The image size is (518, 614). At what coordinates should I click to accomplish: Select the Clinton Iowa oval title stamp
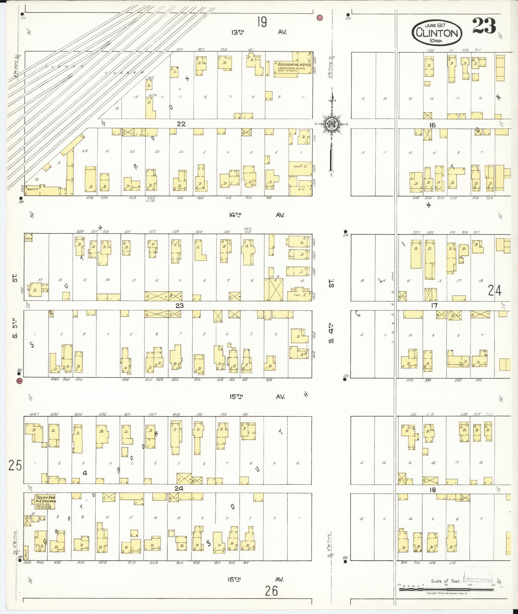pyautogui.click(x=437, y=33)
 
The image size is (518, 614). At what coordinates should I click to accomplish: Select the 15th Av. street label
pyautogui.click(x=257, y=397)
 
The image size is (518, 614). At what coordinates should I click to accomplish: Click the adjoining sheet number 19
pyautogui.click(x=262, y=22)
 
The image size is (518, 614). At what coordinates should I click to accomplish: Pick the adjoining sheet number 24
pyautogui.click(x=494, y=290)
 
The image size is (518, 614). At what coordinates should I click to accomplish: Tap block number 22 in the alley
pyautogui.click(x=181, y=124)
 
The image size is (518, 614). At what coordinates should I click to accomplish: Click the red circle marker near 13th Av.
pyautogui.click(x=320, y=18)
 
